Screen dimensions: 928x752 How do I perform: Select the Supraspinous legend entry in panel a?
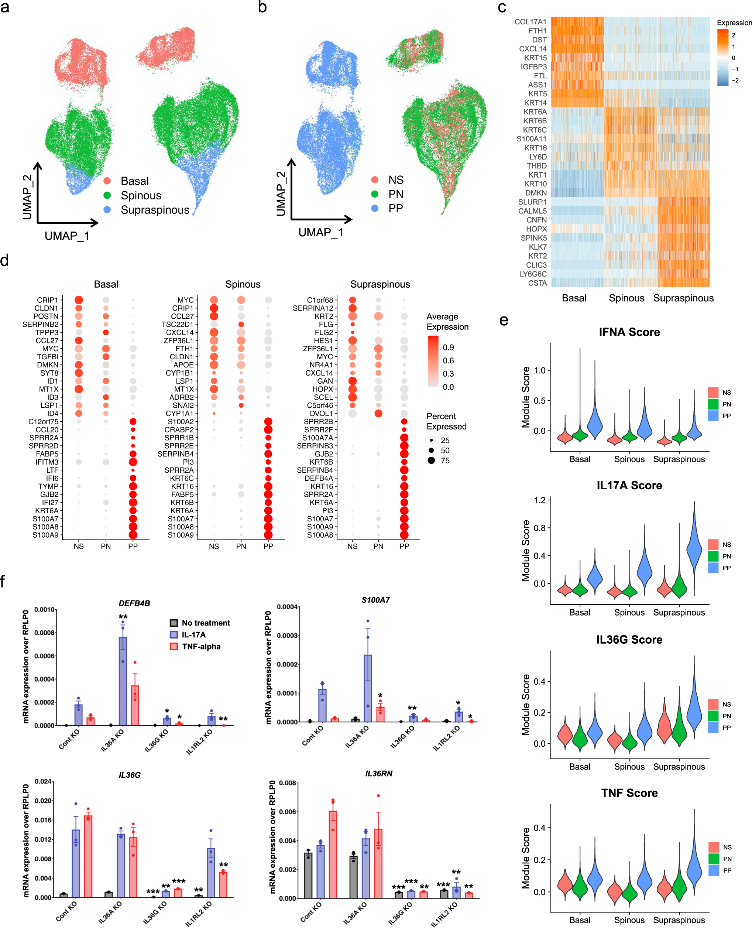(x=155, y=210)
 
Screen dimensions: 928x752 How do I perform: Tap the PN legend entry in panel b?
(x=395, y=194)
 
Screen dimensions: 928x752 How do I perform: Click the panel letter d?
(x=5, y=260)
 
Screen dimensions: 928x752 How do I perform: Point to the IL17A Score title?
(x=629, y=485)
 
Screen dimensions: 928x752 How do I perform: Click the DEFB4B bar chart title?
(x=134, y=603)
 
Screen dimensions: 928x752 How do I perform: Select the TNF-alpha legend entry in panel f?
(x=201, y=646)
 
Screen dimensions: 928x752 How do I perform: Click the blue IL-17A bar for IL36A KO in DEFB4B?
(x=123, y=681)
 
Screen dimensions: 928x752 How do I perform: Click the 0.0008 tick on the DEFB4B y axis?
(x=45, y=633)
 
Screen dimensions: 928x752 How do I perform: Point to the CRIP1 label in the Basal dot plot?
(x=47, y=300)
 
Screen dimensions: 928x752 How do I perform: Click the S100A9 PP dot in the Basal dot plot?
(x=133, y=535)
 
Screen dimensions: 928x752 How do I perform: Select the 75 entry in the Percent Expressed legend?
(x=445, y=460)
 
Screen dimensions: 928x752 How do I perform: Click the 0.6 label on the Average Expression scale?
(x=448, y=360)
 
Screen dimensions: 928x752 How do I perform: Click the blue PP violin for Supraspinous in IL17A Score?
(x=694, y=550)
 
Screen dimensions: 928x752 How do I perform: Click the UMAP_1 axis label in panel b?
(x=320, y=233)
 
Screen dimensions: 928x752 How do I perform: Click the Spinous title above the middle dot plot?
(x=243, y=284)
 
